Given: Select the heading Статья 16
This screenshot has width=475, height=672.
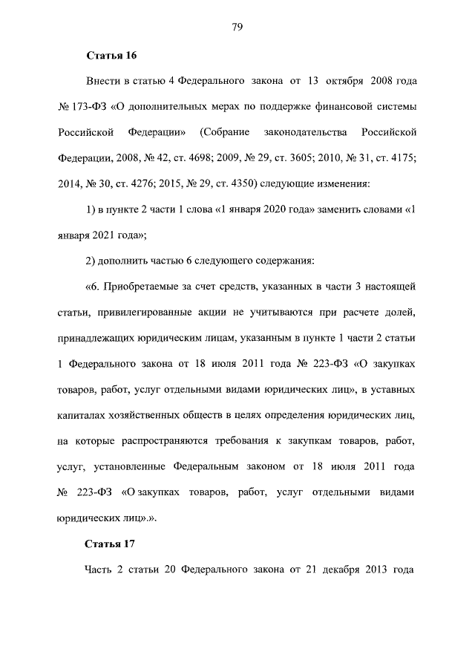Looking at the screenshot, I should pos(111,55).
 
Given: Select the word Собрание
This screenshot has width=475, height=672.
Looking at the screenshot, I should pos(222,132).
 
